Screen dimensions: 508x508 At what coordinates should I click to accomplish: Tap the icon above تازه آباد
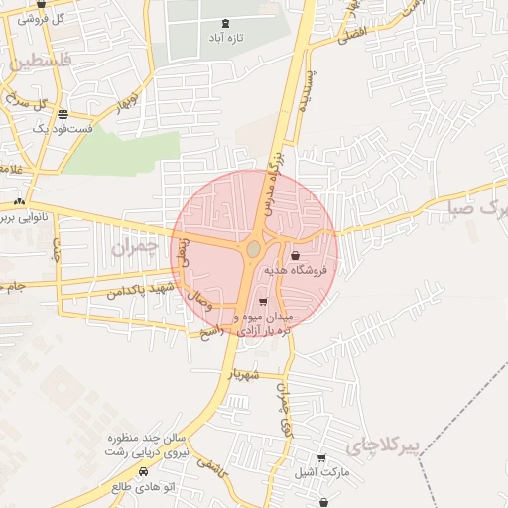point(226,22)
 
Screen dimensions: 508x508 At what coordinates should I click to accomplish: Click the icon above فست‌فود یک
point(63,114)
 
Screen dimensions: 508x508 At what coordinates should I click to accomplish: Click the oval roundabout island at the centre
point(254,247)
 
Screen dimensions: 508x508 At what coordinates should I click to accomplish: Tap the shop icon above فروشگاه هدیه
point(297,256)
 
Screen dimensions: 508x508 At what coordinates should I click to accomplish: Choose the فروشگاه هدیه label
point(302,270)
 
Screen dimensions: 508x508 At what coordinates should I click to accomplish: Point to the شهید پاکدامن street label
point(141,289)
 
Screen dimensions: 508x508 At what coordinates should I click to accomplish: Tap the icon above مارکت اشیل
point(321,458)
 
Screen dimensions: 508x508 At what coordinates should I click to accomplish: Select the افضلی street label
point(351,37)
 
